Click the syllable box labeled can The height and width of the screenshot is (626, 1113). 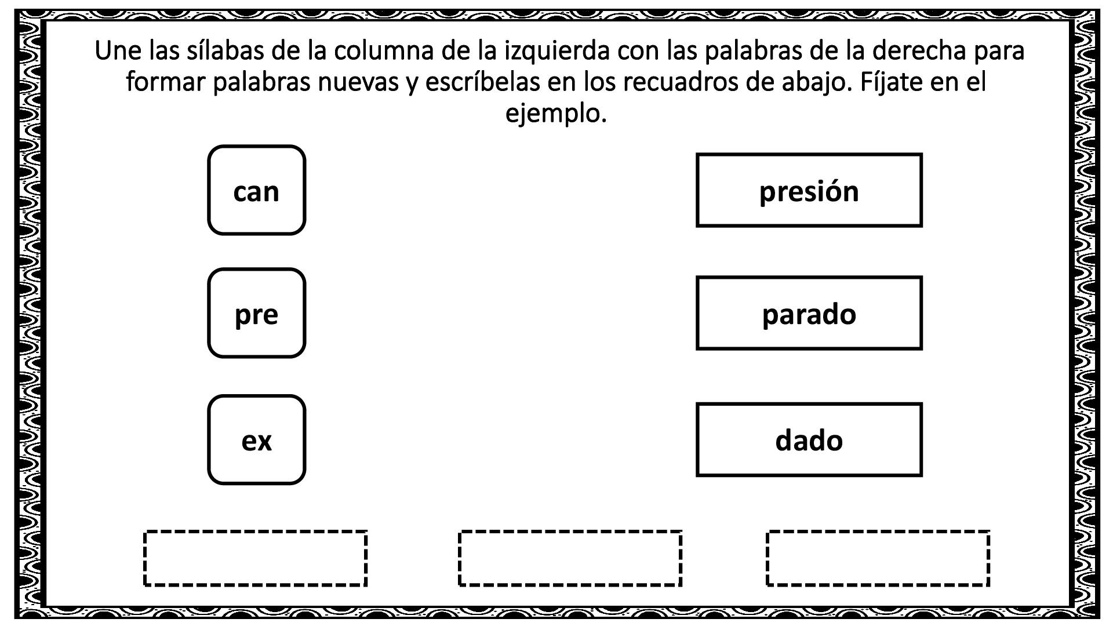[x=256, y=190]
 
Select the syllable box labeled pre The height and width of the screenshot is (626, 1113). [x=256, y=313]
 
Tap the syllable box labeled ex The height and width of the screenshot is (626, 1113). [x=256, y=440]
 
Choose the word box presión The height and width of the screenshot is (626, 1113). [x=809, y=190]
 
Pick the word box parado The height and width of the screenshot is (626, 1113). [x=809, y=313]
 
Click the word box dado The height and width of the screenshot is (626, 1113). [x=809, y=440]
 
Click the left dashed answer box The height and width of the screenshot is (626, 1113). [x=255, y=558]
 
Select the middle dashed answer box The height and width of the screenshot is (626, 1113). [x=570, y=558]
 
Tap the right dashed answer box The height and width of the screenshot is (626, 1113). [x=878, y=558]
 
